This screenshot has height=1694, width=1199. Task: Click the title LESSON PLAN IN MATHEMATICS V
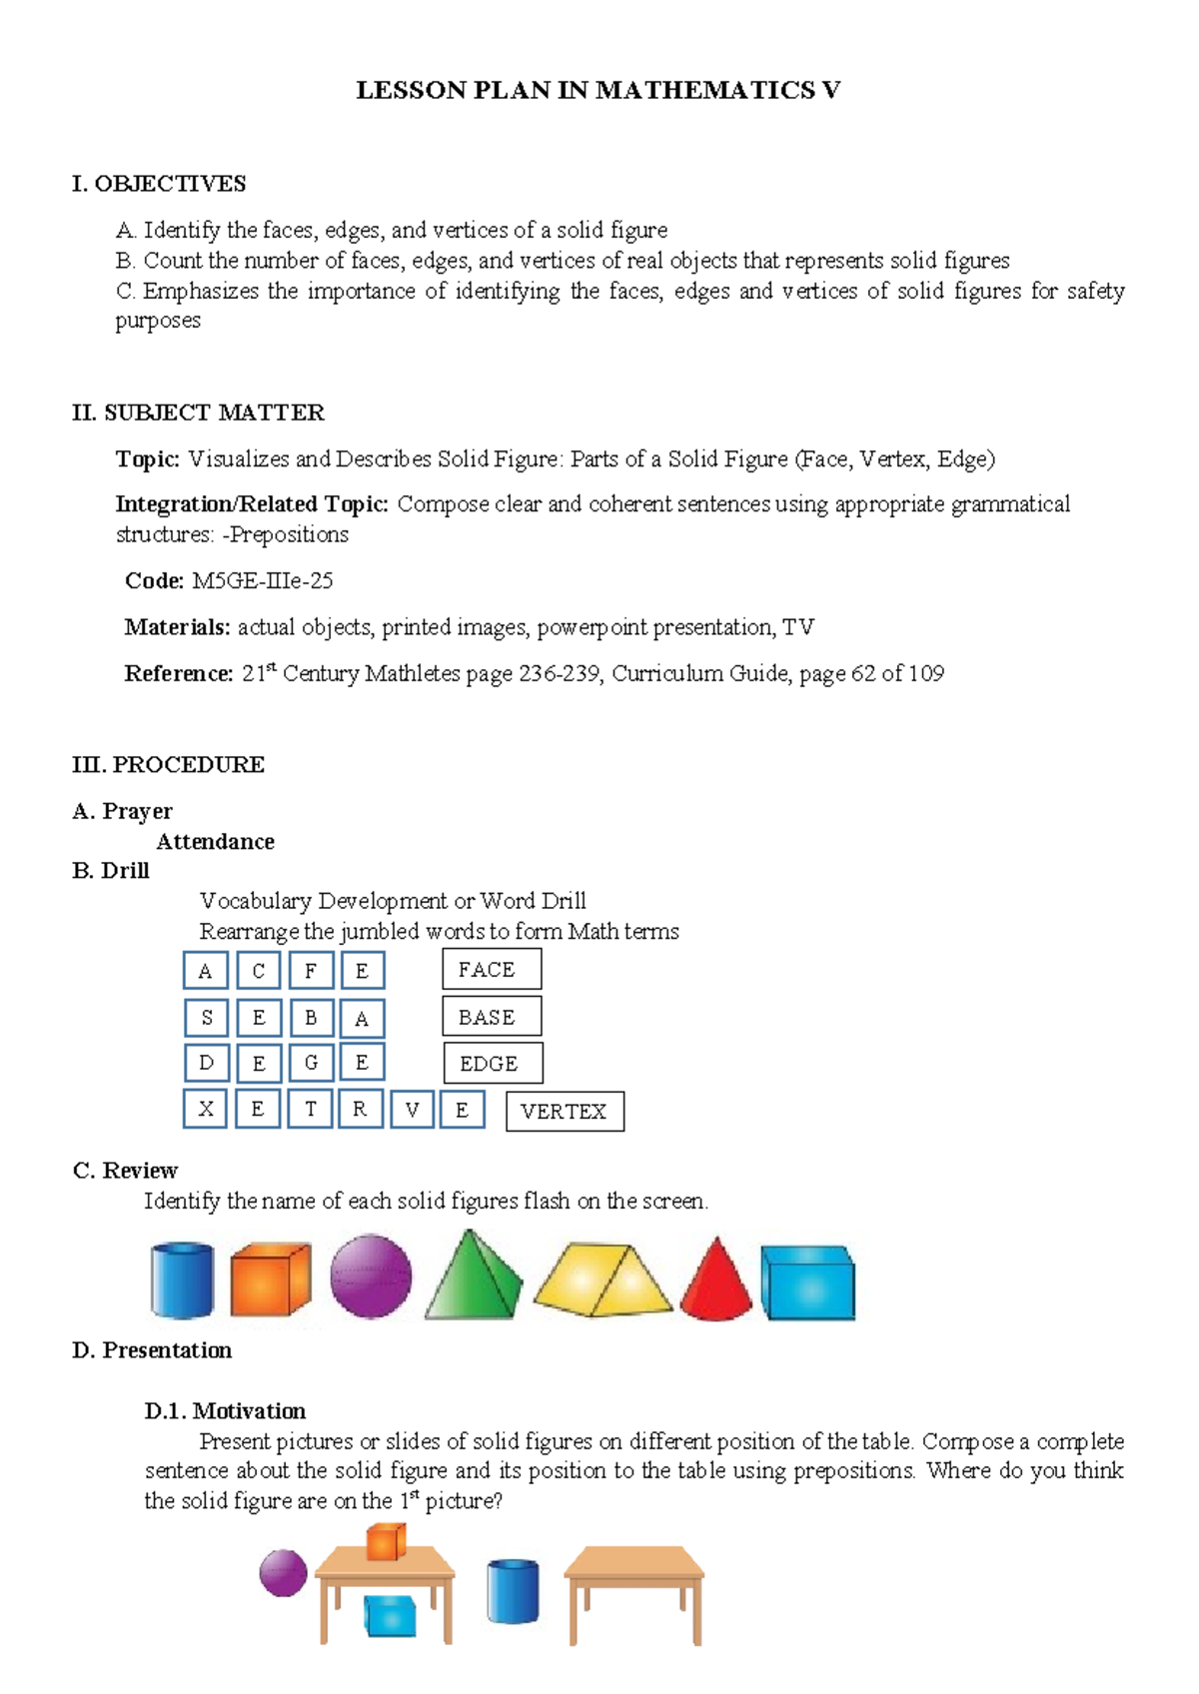[x=598, y=91]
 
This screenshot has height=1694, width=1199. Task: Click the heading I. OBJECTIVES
[x=159, y=184]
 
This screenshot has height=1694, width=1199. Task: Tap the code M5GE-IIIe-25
[x=262, y=581]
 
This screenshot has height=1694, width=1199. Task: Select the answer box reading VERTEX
[x=565, y=1112]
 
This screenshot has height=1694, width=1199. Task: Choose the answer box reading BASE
[x=492, y=1017]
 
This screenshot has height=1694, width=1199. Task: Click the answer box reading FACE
[x=492, y=970]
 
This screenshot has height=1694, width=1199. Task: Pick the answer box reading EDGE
[x=493, y=1064]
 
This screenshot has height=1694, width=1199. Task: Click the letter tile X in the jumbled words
[x=207, y=1109]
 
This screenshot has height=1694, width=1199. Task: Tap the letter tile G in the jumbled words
[x=311, y=1063]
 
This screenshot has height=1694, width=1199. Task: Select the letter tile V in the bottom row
[x=412, y=1110]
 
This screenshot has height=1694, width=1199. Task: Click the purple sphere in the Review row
[x=371, y=1276]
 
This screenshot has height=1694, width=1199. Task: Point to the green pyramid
[x=475, y=1277]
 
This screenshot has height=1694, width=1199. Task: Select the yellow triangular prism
[x=603, y=1280]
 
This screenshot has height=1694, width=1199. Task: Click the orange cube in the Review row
[x=270, y=1279]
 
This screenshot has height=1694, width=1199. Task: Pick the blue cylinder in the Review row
[x=182, y=1280]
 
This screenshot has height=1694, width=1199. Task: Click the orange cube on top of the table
[x=386, y=1541]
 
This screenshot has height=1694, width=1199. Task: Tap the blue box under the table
[x=390, y=1615]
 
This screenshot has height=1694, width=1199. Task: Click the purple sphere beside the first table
[x=284, y=1573]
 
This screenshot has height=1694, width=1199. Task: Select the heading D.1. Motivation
[x=225, y=1411]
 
